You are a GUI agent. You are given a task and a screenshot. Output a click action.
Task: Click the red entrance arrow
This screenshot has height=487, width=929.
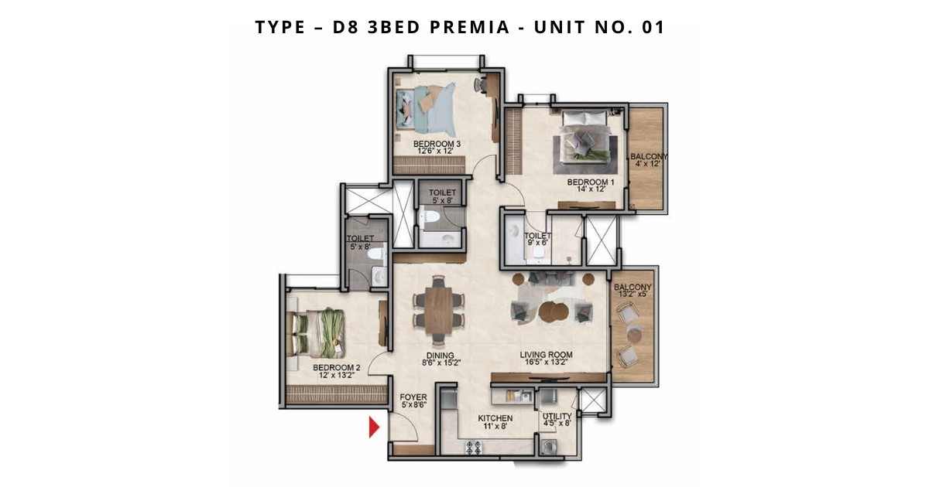[374, 427]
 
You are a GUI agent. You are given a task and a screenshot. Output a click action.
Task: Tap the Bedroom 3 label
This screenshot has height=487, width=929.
[437, 148]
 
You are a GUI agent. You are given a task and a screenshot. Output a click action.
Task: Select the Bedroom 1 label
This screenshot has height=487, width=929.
[591, 185]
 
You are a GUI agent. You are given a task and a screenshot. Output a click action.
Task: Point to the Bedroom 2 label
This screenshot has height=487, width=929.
[336, 371]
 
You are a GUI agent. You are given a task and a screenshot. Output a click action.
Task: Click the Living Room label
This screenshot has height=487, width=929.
[546, 358]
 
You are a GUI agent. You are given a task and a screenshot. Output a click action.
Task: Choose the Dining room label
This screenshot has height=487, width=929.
[440, 359]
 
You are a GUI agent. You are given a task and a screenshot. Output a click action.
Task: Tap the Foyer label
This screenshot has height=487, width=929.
[413, 401]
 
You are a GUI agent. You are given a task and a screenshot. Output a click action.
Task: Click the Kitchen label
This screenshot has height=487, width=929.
[495, 422]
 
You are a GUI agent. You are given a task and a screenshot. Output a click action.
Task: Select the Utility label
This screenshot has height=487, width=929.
[557, 420]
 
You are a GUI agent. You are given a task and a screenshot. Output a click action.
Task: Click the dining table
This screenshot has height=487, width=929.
[438, 310]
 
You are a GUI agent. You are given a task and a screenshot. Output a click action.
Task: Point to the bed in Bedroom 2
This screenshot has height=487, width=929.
[318, 333]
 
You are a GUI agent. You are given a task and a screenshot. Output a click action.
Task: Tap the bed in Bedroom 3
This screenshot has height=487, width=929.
[426, 109]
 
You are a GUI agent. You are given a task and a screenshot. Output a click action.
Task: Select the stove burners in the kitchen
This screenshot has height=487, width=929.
[473, 447]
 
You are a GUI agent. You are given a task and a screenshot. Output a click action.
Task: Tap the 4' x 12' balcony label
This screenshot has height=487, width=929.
[649, 160]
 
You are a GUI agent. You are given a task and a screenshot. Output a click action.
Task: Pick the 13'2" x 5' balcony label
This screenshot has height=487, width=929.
[632, 291]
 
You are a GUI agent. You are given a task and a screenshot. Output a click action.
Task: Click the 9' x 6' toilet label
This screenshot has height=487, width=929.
[538, 239]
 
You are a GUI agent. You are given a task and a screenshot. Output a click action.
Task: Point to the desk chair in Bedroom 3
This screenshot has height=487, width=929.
[480, 85]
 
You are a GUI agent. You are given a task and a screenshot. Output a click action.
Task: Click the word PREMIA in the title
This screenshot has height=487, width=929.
[469, 27]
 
